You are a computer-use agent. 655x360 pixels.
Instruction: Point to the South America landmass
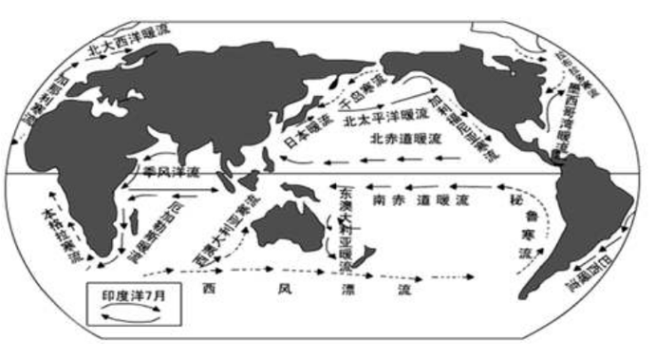click(579, 218)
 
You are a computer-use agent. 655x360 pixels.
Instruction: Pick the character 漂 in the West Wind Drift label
click(339, 286)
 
